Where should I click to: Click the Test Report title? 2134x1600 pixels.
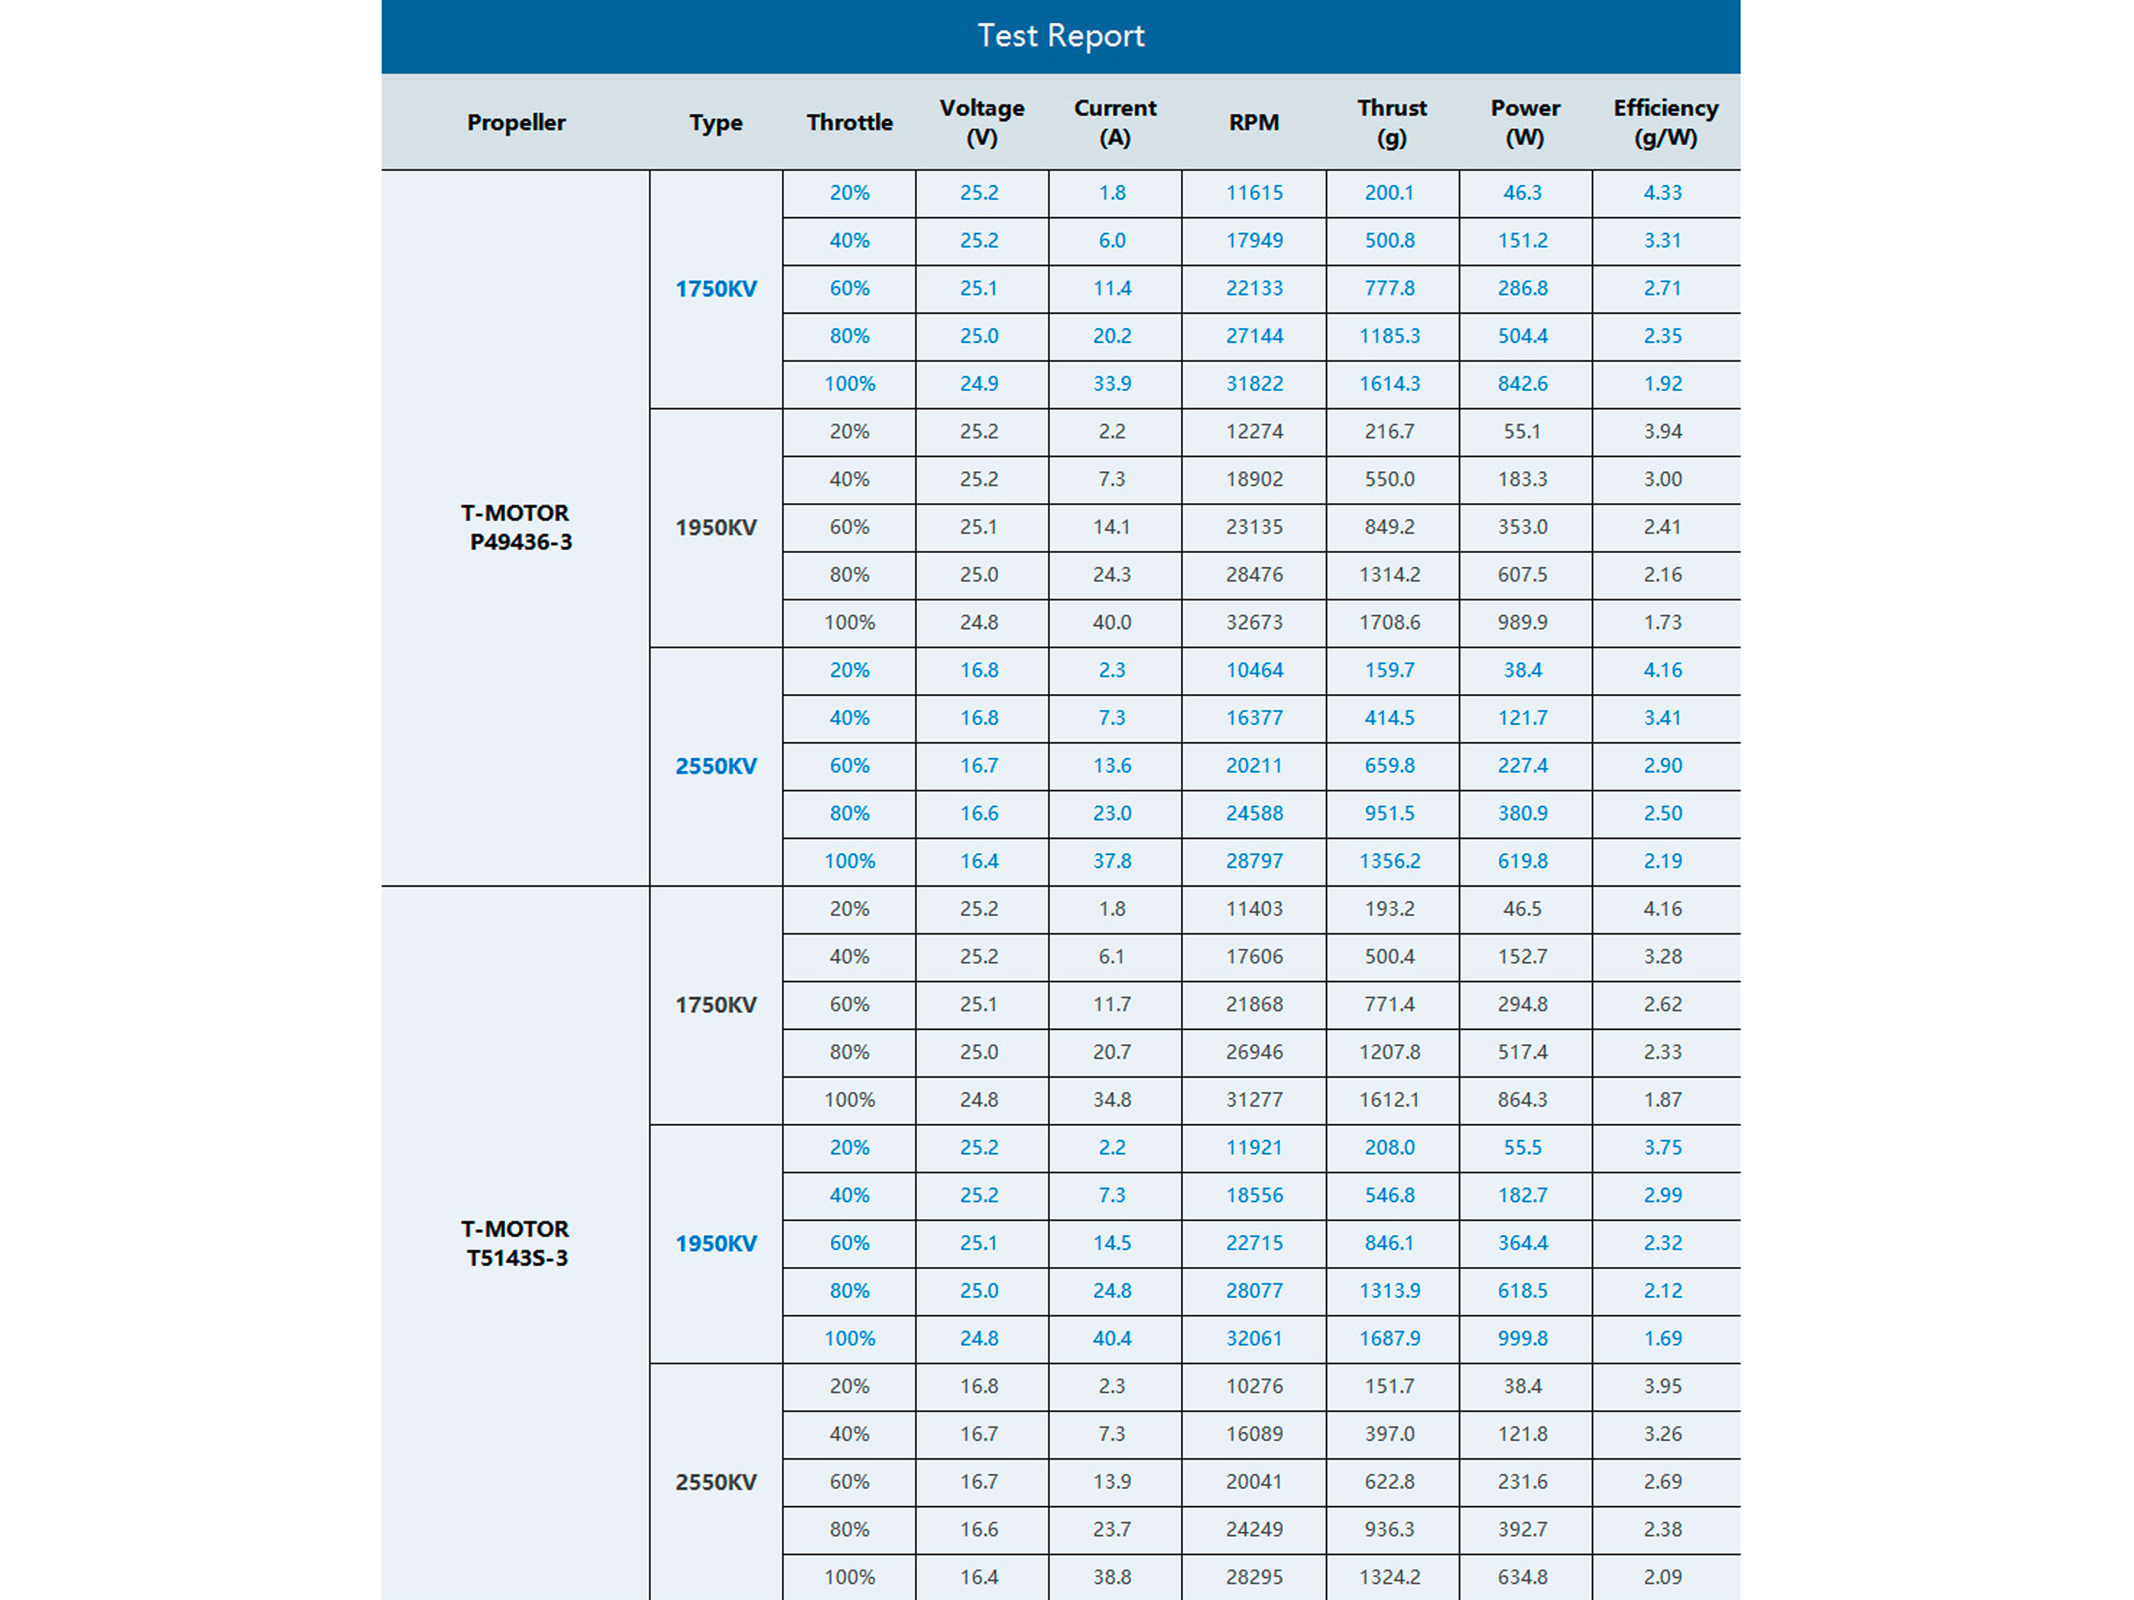(1061, 36)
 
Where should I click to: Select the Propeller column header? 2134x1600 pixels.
(516, 122)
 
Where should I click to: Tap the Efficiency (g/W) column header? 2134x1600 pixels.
(1665, 122)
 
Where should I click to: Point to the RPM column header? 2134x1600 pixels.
(1253, 122)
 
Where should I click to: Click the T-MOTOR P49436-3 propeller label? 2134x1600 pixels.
(516, 527)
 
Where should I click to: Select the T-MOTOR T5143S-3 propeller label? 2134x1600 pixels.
(516, 1243)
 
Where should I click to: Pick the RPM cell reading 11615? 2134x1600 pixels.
(1254, 193)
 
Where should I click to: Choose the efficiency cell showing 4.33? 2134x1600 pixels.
(1662, 193)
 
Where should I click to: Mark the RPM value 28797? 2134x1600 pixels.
(1254, 860)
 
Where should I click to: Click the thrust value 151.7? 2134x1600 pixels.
(1389, 1386)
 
